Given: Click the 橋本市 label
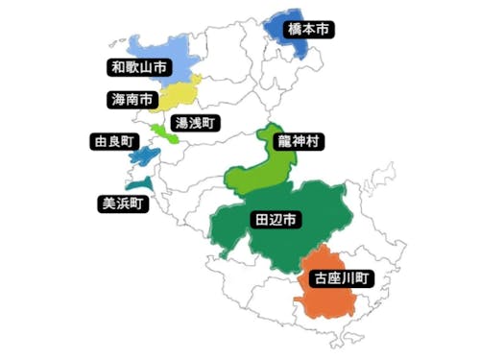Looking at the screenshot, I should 309,31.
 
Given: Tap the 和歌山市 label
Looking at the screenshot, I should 138,67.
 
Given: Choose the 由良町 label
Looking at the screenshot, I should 105,142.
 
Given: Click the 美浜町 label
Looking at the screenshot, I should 123,203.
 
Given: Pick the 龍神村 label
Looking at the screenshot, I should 299,142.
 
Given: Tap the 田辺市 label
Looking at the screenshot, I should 276,220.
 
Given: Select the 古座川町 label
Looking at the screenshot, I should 342,279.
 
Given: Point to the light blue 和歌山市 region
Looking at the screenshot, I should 182,53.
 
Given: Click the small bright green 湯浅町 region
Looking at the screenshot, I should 163,132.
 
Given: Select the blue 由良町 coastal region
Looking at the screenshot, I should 143,155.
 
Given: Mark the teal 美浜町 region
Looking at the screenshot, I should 140,182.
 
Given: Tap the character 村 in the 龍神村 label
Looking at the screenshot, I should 313,142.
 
